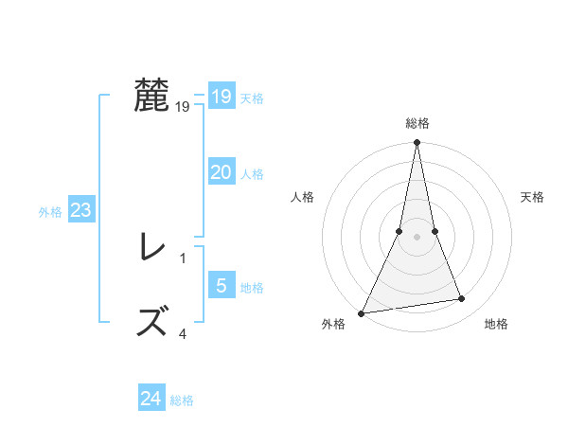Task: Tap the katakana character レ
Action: click(151, 249)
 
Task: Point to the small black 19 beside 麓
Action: click(183, 107)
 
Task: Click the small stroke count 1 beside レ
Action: click(183, 258)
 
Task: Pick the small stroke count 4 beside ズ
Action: click(183, 332)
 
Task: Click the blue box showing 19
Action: click(221, 97)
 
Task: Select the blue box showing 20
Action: click(221, 172)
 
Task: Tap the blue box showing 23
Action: click(80, 210)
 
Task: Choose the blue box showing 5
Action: click(221, 286)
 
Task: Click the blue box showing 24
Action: click(151, 399)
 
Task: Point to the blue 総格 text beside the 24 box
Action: click(182, 400)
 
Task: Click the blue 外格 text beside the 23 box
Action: click(50, 212)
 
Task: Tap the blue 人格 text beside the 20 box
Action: click(252, 174)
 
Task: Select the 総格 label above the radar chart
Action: click(417, 123)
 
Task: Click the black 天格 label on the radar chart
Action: click(532, 197)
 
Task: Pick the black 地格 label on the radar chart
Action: click(496, 325)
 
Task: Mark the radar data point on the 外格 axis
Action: click(362, 312)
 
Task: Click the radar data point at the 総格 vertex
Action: click(417, 143)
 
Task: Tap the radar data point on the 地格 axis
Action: click(462, 299)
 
